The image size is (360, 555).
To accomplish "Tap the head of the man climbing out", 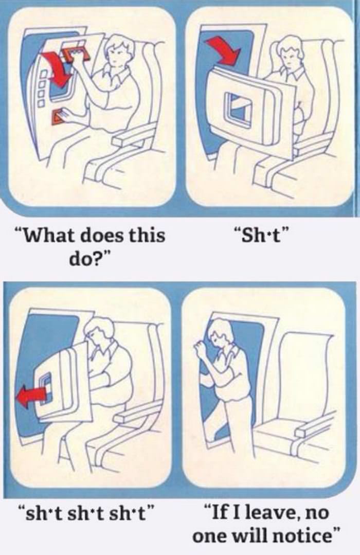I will pyautogui.click(x=222, y=334).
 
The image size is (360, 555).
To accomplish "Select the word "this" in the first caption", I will pyautogui.click(x=147, y=236).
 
